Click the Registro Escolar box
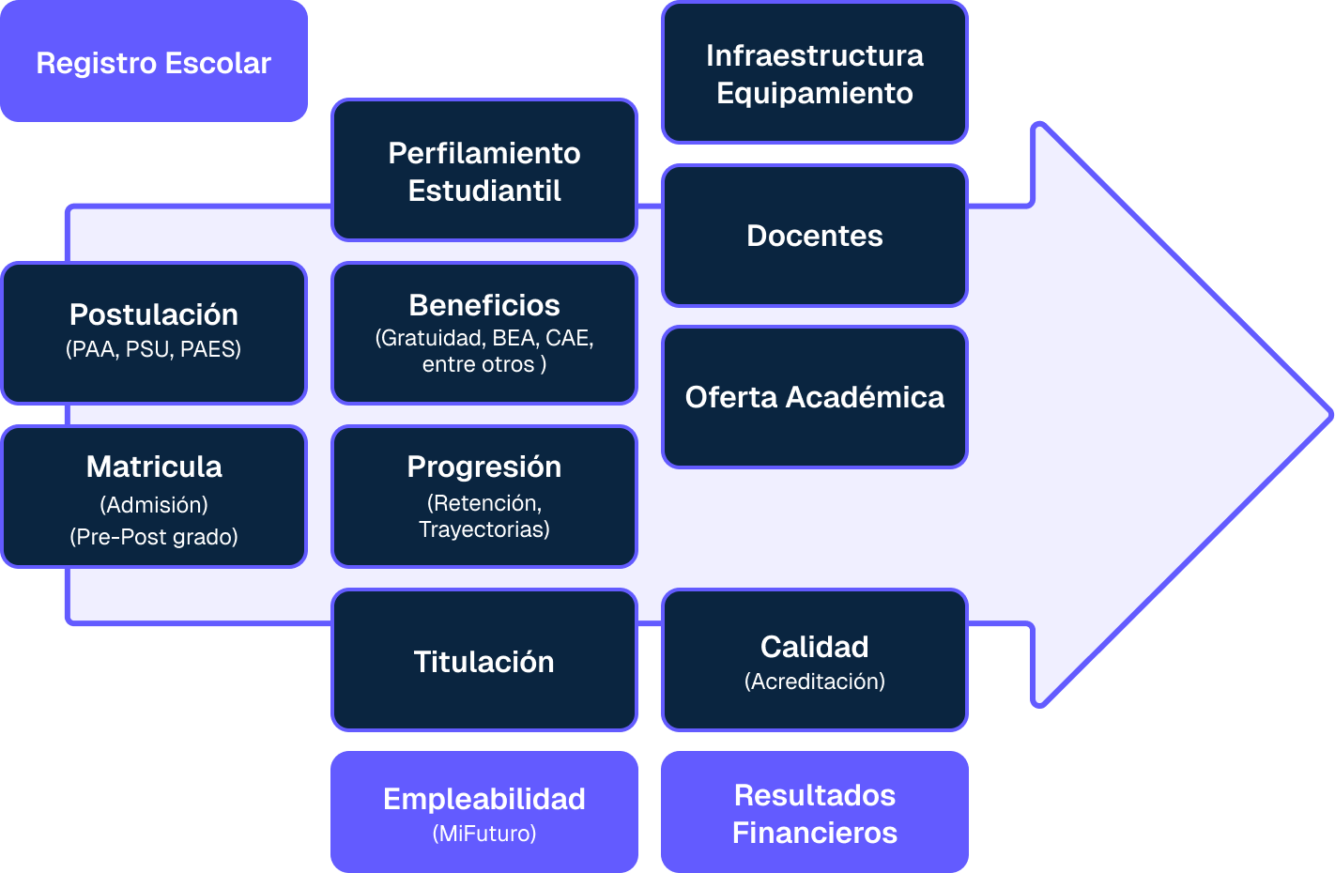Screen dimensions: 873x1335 (153, 62)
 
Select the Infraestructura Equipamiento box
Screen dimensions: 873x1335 (814, 73)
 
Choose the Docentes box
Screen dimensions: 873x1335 (814, 235)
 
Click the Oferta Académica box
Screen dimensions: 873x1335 (814, 396)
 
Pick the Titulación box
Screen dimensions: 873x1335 (484, 661)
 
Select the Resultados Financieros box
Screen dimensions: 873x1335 (814, 813)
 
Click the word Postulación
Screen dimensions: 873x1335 (154, 314)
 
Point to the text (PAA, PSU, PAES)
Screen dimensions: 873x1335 (154, 349)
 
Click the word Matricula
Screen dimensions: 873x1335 (154, 467)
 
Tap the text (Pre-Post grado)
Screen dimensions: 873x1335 (154, 537)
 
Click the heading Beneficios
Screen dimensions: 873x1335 (484, 305)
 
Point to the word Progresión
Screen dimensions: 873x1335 (484, 467)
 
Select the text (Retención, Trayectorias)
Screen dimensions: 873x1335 (484, 516)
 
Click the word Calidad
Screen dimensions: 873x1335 (814, 647)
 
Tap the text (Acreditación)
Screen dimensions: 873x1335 (814, 682)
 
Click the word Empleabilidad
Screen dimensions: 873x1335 (484, 799)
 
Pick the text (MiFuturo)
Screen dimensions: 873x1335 (484, 834)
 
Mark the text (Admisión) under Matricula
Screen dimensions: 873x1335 (154, 505)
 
